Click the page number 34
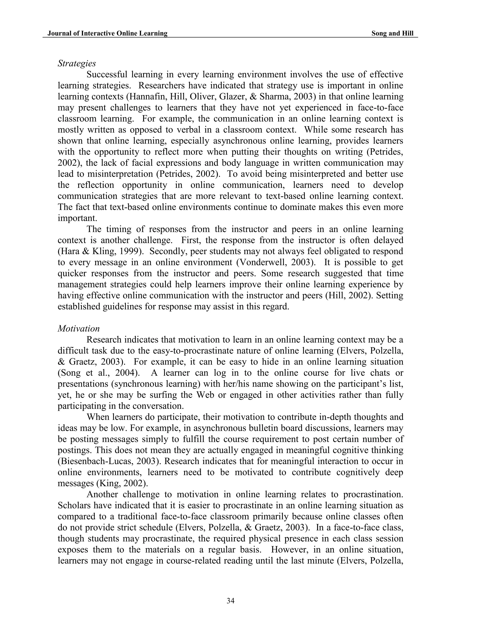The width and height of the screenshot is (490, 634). [230, 601]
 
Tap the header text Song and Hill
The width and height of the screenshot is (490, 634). [392, 33]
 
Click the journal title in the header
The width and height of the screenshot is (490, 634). [107, 33]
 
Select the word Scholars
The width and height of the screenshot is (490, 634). [75, 505]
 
